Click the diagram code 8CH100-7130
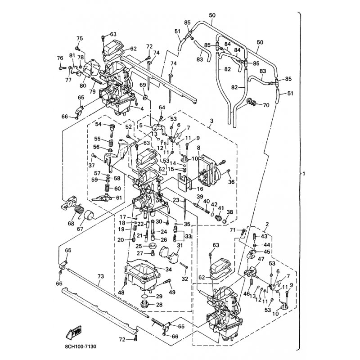coord(77,346)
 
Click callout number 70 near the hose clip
coord(265,105)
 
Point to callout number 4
coord(142,109)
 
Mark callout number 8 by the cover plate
coord(198,147)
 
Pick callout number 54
coord(99,124)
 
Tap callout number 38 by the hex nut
coord(230,212)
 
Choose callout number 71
coord(233,230)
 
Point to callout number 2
coord(267,224)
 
